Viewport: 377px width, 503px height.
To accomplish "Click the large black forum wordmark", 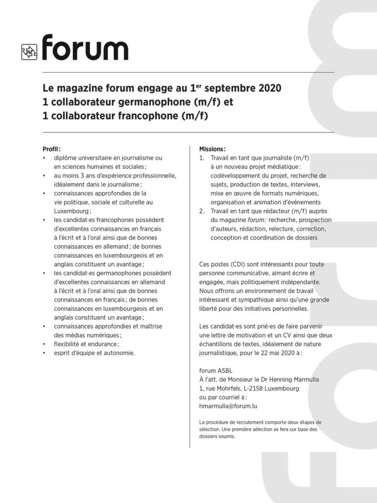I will (x=85, y=48).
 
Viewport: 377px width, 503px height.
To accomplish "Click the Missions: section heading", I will (x=213, y=149).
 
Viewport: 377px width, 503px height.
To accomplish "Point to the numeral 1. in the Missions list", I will (x=202, y=158).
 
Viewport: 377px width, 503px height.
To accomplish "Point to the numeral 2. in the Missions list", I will (x=202, y=211).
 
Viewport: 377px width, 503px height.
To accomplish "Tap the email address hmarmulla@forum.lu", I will (x=228, y=406).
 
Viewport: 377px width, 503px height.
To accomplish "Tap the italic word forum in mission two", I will (x=252, y=220).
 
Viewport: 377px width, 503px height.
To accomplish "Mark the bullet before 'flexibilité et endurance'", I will (x=44, y=344).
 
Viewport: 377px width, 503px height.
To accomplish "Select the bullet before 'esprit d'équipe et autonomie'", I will (x=44, y=353).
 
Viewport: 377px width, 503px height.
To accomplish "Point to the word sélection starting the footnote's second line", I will (x=210, y=429).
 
